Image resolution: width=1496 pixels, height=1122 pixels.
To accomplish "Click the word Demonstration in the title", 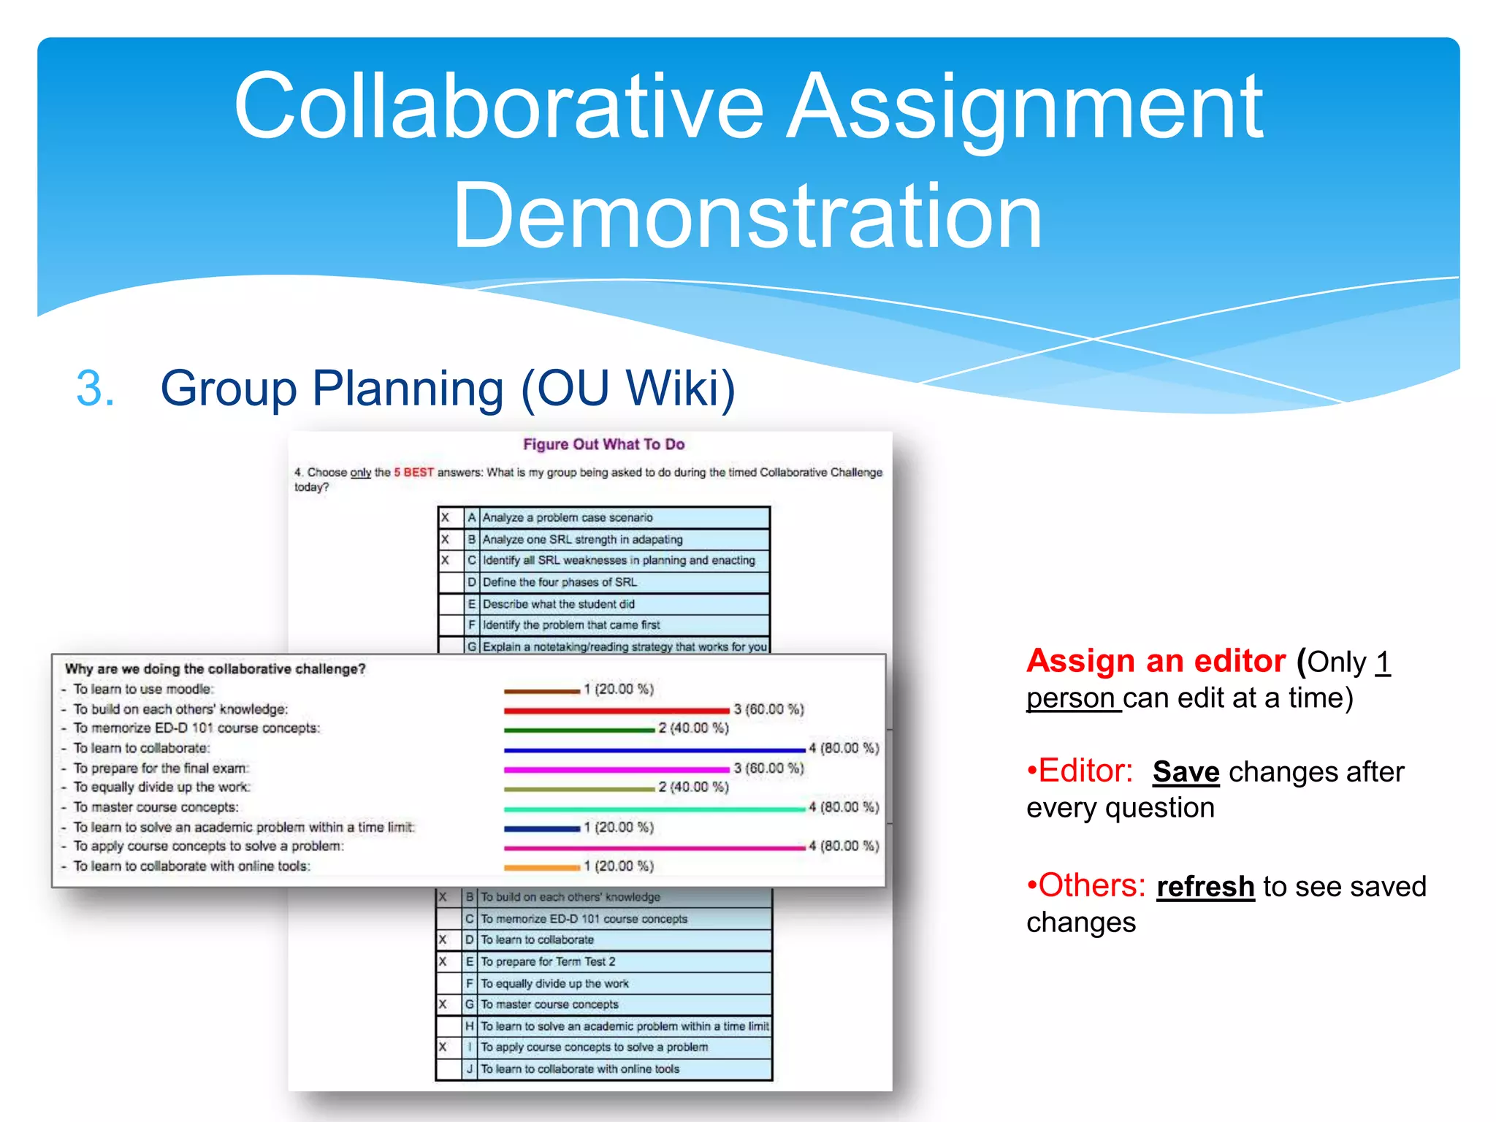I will (x=747, y=216).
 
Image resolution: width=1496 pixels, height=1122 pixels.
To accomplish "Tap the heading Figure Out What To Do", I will (x=603, y=444).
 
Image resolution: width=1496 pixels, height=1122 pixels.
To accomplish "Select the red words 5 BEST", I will (x=413, y=473).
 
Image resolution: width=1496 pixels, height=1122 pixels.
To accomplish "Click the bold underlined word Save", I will (x=1186, y=772).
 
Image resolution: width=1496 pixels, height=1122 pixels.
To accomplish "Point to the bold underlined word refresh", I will (x=1205, y=887).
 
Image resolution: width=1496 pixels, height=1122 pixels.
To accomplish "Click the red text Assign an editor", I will (x=1156, y=661).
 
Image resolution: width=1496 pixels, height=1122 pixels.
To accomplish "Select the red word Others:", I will (x=1091, y=886).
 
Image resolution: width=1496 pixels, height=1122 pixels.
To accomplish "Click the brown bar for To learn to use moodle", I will (x=541, y=690).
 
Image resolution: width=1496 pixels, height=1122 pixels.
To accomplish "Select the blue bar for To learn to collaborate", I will (x=654, y=749).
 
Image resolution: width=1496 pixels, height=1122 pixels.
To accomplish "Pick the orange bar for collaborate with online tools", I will (x=541, y=867).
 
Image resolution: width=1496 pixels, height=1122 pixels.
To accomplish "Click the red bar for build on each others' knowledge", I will (x=616, y=710).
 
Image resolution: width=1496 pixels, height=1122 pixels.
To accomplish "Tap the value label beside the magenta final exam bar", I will (x=768, y=768).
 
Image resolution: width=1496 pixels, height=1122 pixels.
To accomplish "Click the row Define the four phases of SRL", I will (x=560, y=582).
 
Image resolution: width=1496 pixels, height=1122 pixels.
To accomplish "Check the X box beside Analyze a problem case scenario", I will (x=445, y=518).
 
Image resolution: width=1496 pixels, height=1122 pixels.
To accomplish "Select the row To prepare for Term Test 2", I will (x=548, y=961).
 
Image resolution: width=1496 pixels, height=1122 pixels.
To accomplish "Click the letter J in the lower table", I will (x=470, y=1069).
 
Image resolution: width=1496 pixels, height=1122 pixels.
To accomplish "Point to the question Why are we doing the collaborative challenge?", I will (x=215, y=669).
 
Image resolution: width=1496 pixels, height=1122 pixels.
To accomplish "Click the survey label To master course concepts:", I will (x=156, y=807).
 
